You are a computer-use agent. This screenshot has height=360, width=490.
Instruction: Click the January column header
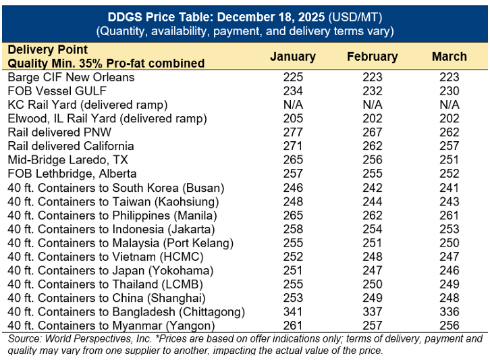coord(292,57)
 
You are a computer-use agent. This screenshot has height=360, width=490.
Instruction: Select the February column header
coord(372,57)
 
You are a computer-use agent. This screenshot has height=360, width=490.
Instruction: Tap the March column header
coord(449,57)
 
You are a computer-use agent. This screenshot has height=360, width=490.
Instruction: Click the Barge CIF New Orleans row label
coord(71,77)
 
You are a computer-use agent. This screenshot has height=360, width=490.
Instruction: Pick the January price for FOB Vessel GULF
coord(293,91)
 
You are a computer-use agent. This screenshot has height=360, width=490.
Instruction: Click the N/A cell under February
coord(373,105)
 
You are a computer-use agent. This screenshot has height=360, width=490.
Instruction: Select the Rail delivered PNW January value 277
coord(293,132)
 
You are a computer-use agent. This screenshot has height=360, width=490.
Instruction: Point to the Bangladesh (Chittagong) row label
coord(126,312)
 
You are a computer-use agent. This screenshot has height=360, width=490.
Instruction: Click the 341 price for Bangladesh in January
coord(293,312)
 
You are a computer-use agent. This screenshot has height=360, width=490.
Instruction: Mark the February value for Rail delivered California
coord(373,146)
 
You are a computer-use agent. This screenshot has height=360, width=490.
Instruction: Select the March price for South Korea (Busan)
coord(449,188)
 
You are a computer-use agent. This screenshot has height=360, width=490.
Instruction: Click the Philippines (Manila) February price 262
coord(373,215)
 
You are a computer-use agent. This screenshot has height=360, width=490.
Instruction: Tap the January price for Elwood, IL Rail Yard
coord(293,118)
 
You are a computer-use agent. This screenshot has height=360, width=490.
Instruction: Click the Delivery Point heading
coord(48,50)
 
